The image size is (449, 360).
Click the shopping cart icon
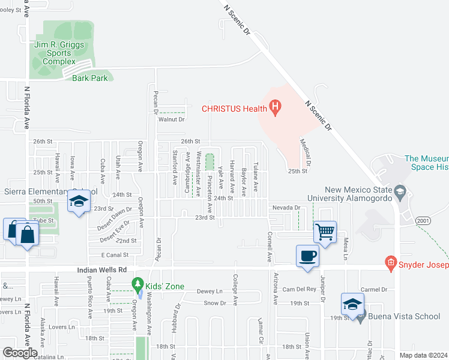click(325, 231)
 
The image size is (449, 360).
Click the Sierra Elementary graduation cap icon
click(78, 202)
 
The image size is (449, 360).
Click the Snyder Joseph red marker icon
click(391, 262)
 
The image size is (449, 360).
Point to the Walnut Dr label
click(171, 119)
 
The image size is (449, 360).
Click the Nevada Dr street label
click(286, 208)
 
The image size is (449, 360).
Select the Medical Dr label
click(306, 154)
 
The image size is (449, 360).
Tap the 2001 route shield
click(423, 221)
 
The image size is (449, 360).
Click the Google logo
click(19, 353)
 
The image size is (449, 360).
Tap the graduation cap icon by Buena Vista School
click(352, 304)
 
